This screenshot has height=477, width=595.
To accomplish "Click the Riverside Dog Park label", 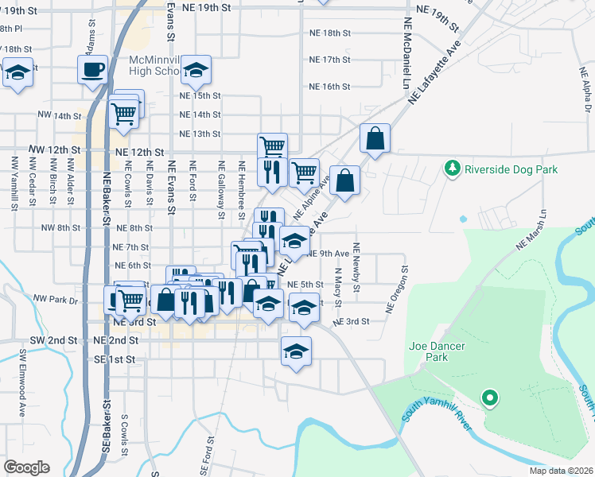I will coord(511,169).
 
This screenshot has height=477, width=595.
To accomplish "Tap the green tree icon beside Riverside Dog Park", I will coord(453,169).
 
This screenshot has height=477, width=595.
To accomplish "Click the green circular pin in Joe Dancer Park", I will coord(490,397).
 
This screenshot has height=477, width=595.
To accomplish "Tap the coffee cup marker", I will coord(93,69).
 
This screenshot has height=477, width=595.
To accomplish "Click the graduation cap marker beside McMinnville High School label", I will coord(196,72).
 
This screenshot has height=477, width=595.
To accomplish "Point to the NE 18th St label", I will coord(330,33).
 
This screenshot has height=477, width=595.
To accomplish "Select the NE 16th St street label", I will coord(330,87).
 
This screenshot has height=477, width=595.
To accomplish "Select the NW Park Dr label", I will coord(56,301).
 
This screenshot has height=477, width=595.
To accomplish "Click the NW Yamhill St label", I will coord(14,183).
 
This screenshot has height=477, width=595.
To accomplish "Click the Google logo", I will coord(26,467).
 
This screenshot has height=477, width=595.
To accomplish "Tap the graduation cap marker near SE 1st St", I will coord(296,351).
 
